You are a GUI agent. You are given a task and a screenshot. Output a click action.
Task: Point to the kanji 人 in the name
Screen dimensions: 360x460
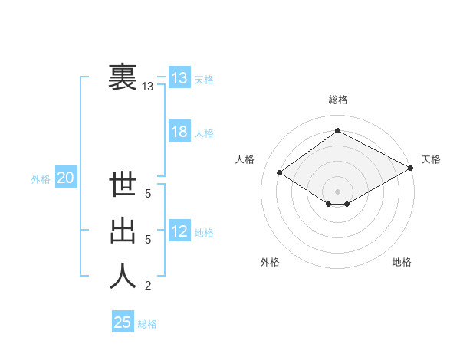pos(123,276)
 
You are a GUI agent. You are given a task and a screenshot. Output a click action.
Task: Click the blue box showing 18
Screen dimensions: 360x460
pos(179,132)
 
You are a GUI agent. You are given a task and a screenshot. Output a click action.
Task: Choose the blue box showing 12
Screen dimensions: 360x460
pos(179,231)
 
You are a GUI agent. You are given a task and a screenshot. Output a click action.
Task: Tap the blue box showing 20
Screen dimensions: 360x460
pos(65,178)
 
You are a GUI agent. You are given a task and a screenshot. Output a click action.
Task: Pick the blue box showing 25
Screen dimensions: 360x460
pos(123,322)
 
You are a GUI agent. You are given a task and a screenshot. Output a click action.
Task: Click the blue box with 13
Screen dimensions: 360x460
pos(179,78)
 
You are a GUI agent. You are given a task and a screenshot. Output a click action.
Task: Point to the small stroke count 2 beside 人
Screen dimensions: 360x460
pos(148,286)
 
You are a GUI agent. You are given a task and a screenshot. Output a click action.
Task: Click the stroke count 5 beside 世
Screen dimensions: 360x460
pos(148,194)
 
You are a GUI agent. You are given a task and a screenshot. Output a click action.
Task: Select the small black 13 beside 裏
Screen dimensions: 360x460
pos(147,87)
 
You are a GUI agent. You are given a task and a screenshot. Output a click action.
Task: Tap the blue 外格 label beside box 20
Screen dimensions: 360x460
pos(41,179)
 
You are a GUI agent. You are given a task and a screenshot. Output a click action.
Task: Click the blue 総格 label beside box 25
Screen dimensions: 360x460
pos(147,324)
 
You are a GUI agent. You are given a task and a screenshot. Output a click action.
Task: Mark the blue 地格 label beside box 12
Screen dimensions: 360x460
pos(204,233)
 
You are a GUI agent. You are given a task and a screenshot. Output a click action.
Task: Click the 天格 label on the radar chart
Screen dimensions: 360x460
pos(431,159)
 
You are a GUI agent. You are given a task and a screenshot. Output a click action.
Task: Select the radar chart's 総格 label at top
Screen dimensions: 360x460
pos(337,100)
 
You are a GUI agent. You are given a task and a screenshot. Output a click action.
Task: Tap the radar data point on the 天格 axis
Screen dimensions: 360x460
pos(412,169)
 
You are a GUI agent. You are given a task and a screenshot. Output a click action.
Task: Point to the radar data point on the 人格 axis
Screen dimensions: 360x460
pos(280,173)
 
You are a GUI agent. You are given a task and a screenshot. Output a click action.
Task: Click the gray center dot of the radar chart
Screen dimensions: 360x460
pos(337,191)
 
